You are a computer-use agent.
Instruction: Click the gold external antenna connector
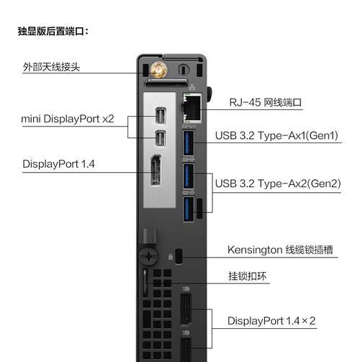click(x=158, y=70)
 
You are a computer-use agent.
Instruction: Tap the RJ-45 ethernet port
click(x=192, y=107)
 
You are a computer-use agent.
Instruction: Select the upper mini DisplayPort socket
click(x=160, y=116)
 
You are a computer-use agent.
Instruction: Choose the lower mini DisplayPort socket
click(x=160, y=139)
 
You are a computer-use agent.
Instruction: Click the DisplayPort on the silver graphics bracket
click(x=156, y=171)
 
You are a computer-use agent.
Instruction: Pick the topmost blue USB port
click(x=189, y=143)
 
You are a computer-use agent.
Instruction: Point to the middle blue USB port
click(x=189, y=176)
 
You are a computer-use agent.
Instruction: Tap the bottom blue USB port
click(x=189, y=209)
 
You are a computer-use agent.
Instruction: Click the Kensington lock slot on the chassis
click(x=179, y=256)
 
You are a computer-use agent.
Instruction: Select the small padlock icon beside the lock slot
click(x=171, y=257)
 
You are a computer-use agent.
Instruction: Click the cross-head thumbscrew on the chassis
click(x=148, y=256)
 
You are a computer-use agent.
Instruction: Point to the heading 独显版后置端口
click(x=53, y=31)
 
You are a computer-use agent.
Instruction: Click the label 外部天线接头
click(x=51, y=67)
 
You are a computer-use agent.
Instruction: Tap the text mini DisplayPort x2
click(x=68, y=119)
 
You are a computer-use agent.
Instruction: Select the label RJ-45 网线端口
click(x=266, y=102)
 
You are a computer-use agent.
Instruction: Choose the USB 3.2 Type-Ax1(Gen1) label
click(x=276, y=135)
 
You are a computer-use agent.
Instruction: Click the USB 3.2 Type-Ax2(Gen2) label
click(x=278, y=184)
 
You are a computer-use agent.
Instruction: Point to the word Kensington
click(x=255, y=250)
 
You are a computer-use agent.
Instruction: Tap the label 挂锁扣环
click(x=248, y=276)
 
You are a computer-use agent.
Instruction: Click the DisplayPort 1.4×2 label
click(x=271, y=321)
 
